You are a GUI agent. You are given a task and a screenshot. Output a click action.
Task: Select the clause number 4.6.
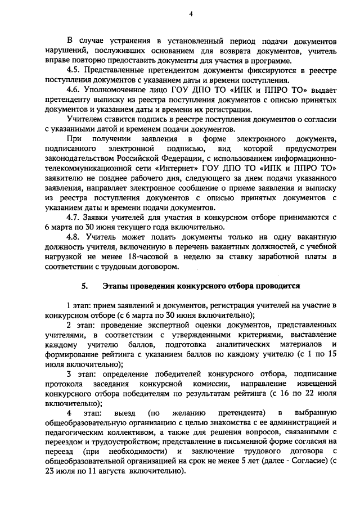coord(74,90)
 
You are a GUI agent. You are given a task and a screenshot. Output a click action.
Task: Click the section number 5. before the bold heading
coord(84,286)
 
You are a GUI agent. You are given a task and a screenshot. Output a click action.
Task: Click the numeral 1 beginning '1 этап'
coord(69,305)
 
